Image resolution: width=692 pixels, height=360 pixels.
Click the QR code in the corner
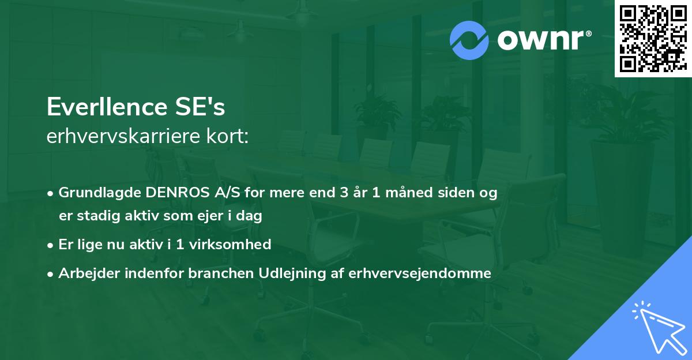[x=652, y=39]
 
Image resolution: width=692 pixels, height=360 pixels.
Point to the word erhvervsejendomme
[x=420, y=273]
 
